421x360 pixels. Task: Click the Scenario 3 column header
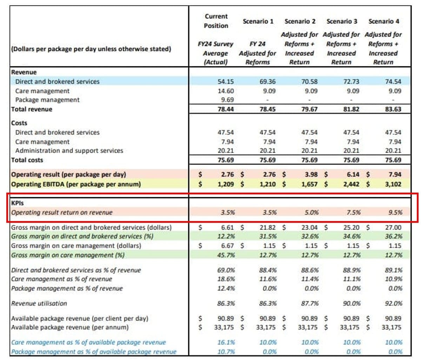pos(342,21)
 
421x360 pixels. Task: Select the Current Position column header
pos(216,21)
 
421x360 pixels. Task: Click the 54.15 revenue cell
pos(226,81)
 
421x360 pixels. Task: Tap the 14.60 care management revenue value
pos(226,91)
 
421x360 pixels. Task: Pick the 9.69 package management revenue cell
pos(227,100)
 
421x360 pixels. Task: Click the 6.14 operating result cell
pos(351,174)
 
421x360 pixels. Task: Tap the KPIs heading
pos(18,203)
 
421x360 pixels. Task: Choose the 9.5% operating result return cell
pos(395,212)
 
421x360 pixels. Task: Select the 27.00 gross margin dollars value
pos(393,227)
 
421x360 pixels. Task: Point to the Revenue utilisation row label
pos(39,303)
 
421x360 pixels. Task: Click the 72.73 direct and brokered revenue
pos(351,81)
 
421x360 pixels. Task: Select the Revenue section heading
pos(24,72)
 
